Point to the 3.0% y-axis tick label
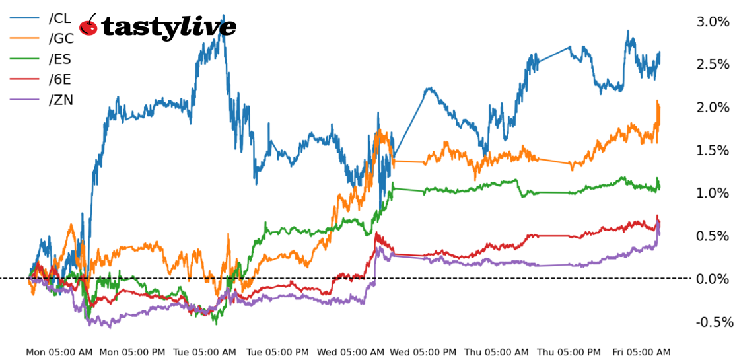tap(713, 22)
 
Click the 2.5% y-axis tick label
tap(713, 65)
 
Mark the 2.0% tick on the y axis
tap(713, 108)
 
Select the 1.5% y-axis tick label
tap(713, 151)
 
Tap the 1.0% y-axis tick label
tap(713, 193)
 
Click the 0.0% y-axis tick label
tap(713, 279)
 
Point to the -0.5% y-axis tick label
tap(714, 322)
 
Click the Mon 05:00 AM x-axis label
tap(59, 353)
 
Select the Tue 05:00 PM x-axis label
tap(278, 353)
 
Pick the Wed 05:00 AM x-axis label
tap(351, 353)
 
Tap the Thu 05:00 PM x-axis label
tap(569, 353)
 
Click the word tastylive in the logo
tap(168, 27)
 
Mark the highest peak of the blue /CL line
tap(223, 15)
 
